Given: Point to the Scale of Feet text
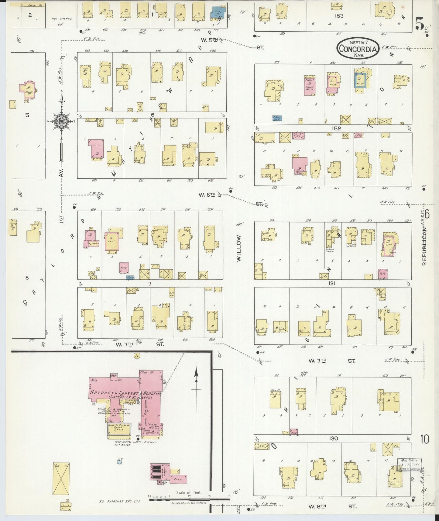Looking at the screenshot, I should pos(189,492).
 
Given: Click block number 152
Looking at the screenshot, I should pos(336,129).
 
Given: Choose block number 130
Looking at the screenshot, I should pos(333,438).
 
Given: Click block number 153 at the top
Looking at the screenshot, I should pos(339,16).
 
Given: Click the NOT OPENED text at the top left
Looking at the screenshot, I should pos(62,19).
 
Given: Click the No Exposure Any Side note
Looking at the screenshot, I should pos(119,501).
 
